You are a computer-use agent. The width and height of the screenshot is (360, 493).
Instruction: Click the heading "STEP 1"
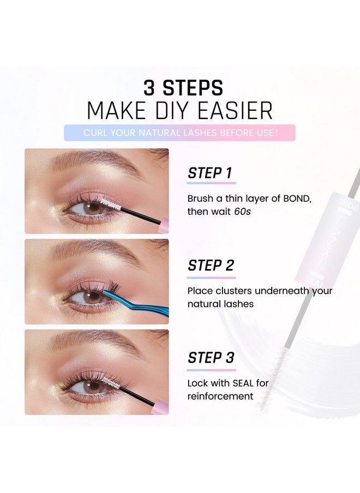point(210,173)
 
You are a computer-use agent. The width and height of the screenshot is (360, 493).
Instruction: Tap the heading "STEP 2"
point(211,266)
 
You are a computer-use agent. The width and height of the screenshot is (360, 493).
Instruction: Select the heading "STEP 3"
point(211,358)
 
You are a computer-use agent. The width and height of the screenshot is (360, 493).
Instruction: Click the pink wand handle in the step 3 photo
point(162,407)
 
